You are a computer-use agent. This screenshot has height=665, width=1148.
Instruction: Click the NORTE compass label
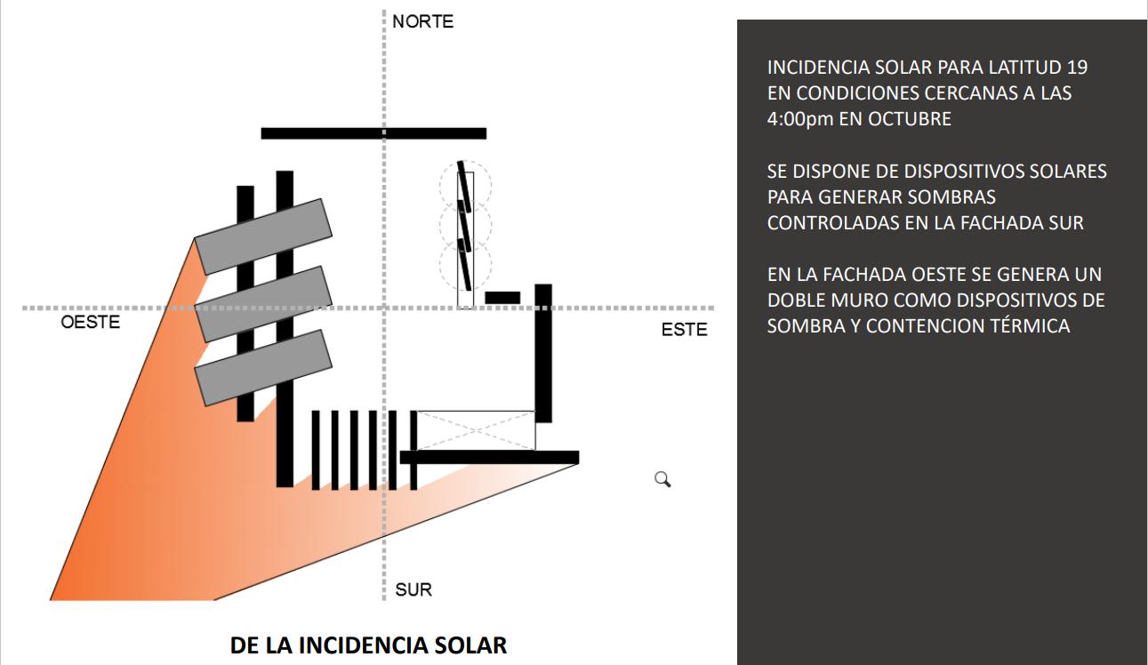(x=422, y=21)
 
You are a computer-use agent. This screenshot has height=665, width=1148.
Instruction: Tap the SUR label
(x=413, y=589)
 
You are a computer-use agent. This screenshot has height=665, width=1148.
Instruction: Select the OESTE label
(x=90, y=322)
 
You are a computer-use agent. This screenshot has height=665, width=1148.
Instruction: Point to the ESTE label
(x=685, y=330)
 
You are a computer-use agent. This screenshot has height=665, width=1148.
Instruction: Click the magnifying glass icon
(x=662, y=480)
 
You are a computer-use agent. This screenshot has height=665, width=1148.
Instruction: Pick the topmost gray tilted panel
(x=262, y=236)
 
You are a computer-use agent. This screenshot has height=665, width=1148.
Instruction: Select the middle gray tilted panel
(x=262, y=303)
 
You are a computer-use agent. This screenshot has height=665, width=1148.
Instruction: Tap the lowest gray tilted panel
(x=262, y=367)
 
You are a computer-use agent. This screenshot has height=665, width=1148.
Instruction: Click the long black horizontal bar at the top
(x=373, y=133)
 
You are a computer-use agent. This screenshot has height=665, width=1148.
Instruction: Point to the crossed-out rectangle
(x=477, y=430)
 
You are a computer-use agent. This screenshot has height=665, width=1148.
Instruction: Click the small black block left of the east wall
(x=502, y=297)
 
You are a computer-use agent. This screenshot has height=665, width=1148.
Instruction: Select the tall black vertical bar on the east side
(x=543, y=353)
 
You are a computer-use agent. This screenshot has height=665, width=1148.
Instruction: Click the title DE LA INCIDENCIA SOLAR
(x=368, y=645)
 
